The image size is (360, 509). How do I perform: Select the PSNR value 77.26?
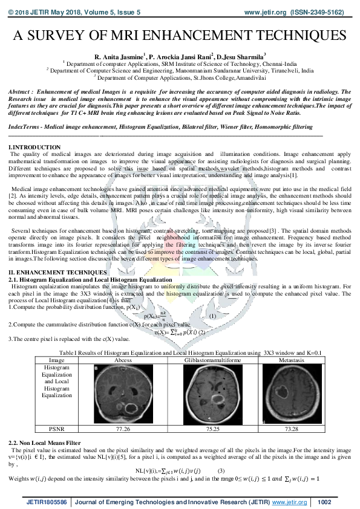click(x=123, y=429)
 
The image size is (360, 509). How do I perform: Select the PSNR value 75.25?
click(x=212, y=429)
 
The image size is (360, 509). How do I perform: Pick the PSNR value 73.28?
click(x=292, y=429)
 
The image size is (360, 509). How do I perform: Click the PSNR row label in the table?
click(x=57, y=429)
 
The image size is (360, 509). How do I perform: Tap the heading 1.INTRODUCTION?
click(x=34, y=147)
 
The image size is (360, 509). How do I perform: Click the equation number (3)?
click(x=221, y=470)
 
